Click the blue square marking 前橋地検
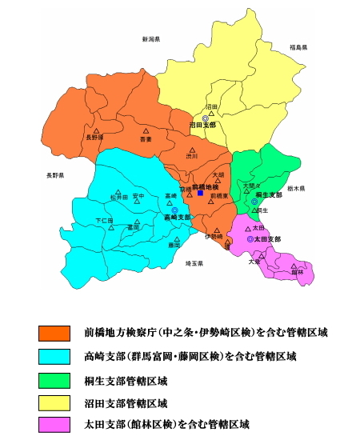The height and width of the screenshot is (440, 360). point(200,193)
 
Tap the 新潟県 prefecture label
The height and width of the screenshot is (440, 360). point(151,38)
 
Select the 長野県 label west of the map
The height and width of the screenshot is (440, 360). point(55,175)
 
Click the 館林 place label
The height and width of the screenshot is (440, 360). point(297,272)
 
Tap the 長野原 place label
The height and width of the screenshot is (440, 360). point(94,138)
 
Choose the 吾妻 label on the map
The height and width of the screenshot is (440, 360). point(146,138)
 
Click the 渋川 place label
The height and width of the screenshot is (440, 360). point(192,156)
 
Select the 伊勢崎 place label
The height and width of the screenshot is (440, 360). point(214,237)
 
